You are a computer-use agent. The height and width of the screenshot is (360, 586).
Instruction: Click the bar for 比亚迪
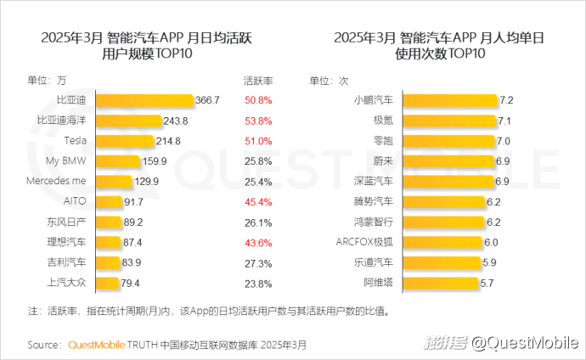(x=144, y=100)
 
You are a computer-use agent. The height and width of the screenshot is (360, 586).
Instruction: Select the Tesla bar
(x=127, y=140)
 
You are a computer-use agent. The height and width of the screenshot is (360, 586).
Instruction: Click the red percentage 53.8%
(x=257, y=121)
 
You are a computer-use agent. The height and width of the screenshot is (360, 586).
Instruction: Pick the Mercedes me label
(x=57, y=181)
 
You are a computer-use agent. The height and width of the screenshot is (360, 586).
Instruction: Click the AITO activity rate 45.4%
(x=257, y=201)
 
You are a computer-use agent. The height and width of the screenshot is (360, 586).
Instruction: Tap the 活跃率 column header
(x=257, y=80)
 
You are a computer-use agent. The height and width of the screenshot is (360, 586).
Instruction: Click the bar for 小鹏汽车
(x=450, y=100)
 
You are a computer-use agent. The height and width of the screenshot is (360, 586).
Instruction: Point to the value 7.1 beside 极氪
(x=504, y=121)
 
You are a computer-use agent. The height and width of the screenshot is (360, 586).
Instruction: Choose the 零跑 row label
(x=384, y=140)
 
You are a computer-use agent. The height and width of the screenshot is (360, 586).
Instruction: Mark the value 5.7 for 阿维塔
(x=487, y=283)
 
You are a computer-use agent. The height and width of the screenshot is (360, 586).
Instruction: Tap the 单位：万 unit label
(x=47, y=80)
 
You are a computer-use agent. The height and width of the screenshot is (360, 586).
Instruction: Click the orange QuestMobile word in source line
(x=95, y=346)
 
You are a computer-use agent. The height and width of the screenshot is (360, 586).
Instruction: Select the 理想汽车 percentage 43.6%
(x=257, y=242)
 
